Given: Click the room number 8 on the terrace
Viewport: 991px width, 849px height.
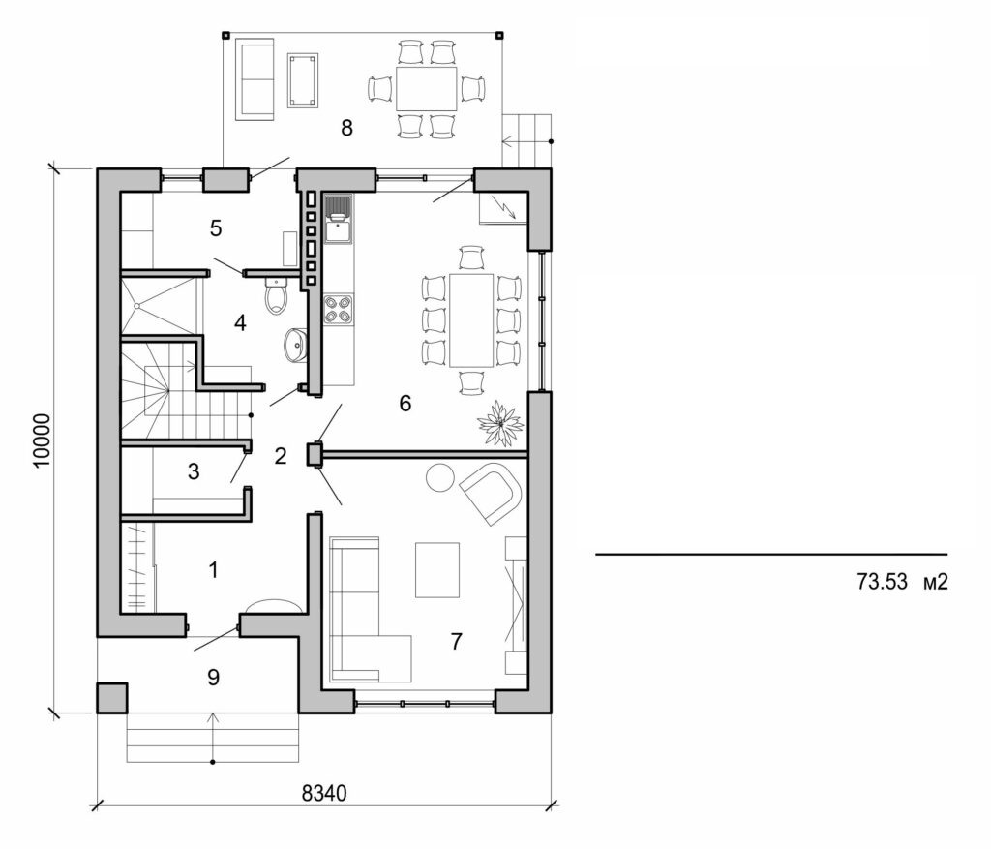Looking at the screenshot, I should click(x=346, y=127).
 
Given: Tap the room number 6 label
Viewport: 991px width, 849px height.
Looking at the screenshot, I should click(x=405, y=403).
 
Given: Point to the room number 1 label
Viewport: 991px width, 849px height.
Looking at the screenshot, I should click(x=213, y=569).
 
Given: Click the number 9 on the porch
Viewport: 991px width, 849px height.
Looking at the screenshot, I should click(x=213, y=677).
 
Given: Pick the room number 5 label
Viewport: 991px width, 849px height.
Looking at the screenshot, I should click(x=216, y=228).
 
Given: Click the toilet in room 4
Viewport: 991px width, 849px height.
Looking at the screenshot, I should click(x=276, y=294).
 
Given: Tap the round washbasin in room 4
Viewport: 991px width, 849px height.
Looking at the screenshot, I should click(x=296, y=343).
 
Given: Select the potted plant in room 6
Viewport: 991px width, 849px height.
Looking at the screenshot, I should click(x=500, y=423).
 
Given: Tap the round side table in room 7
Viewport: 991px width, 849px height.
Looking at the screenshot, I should click(x=440, y=476).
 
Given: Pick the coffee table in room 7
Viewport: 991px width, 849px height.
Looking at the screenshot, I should click(x=437, y=569).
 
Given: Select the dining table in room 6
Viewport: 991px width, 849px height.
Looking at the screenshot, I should click(x=471, y=319).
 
